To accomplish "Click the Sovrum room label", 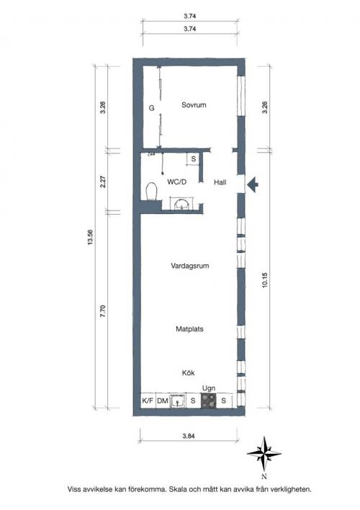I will click(x=194, y=105).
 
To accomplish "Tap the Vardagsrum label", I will click(x=189, y=266).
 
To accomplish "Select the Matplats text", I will click(x=189, y=329).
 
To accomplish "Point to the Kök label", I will click(x=189, y=372).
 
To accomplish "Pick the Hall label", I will click(x=220, y=183).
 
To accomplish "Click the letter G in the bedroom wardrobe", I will click(x=151, y=108).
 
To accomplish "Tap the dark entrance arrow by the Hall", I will click(x=252, y=185).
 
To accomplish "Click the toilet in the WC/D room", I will click(x=151, y=192).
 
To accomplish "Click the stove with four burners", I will click(x=209, y=401).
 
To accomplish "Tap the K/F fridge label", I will click(x=147, y=401).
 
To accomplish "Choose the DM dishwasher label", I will click(x=163, y=401).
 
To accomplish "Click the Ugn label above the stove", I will click(x=209, y=388).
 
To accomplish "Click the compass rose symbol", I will click(x=264, y=452).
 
